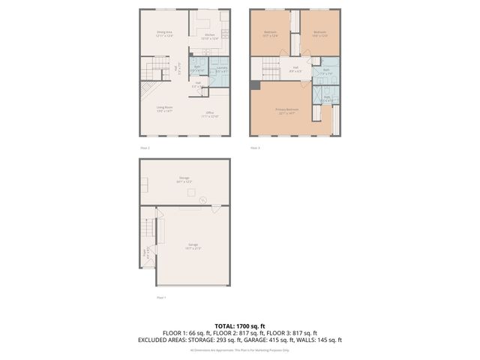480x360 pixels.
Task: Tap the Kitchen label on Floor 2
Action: [x=210, y=36]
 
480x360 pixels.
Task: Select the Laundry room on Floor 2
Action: [x=221, y=69]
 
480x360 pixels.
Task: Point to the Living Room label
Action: [x=164, y=109]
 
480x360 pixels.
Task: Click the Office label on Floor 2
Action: [x=209, y=115]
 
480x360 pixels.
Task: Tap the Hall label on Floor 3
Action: [x=296, y=70]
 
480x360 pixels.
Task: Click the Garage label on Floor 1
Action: [x=193, y=246]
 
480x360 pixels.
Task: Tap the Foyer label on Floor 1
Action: [x=145, y=253]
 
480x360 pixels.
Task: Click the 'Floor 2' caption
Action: [x=145, y=148]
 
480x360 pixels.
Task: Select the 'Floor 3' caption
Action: [x=255, y=148]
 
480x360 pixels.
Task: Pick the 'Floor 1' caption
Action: [x=160, y=297]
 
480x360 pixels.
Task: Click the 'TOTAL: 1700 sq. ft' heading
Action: [x=239, y=325]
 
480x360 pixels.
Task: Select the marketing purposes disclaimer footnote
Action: [x=239, y=349]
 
